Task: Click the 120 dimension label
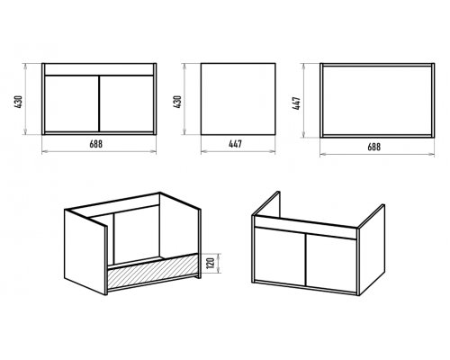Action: [x=211, y=263]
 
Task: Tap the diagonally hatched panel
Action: [x=153, y=271]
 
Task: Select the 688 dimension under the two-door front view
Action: [x=96, y=144]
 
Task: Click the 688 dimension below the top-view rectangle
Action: [x=373, y=147]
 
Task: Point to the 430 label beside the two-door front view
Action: [x=19, y=102]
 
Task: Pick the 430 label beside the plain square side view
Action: [x=177, y=102]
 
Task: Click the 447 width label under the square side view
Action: [x=235, y=144]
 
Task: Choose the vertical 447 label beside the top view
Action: [x=297, y=103]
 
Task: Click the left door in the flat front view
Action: [x=72, y=103]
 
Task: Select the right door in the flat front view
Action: [x=127, y=103]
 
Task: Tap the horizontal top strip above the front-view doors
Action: [x=99, y=69]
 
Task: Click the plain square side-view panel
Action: [x=238, y=99]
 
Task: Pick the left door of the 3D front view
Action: [x=280, y=256]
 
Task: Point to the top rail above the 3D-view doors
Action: [x=306, y=227]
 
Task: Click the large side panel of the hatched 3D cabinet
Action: [x=85, y=252]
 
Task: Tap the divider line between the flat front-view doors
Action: [x=99, y=103]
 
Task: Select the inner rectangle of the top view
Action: [x=377, y=100]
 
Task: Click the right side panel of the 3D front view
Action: [x=372, y=249]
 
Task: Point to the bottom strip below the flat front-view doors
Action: [x=99, y=133]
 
